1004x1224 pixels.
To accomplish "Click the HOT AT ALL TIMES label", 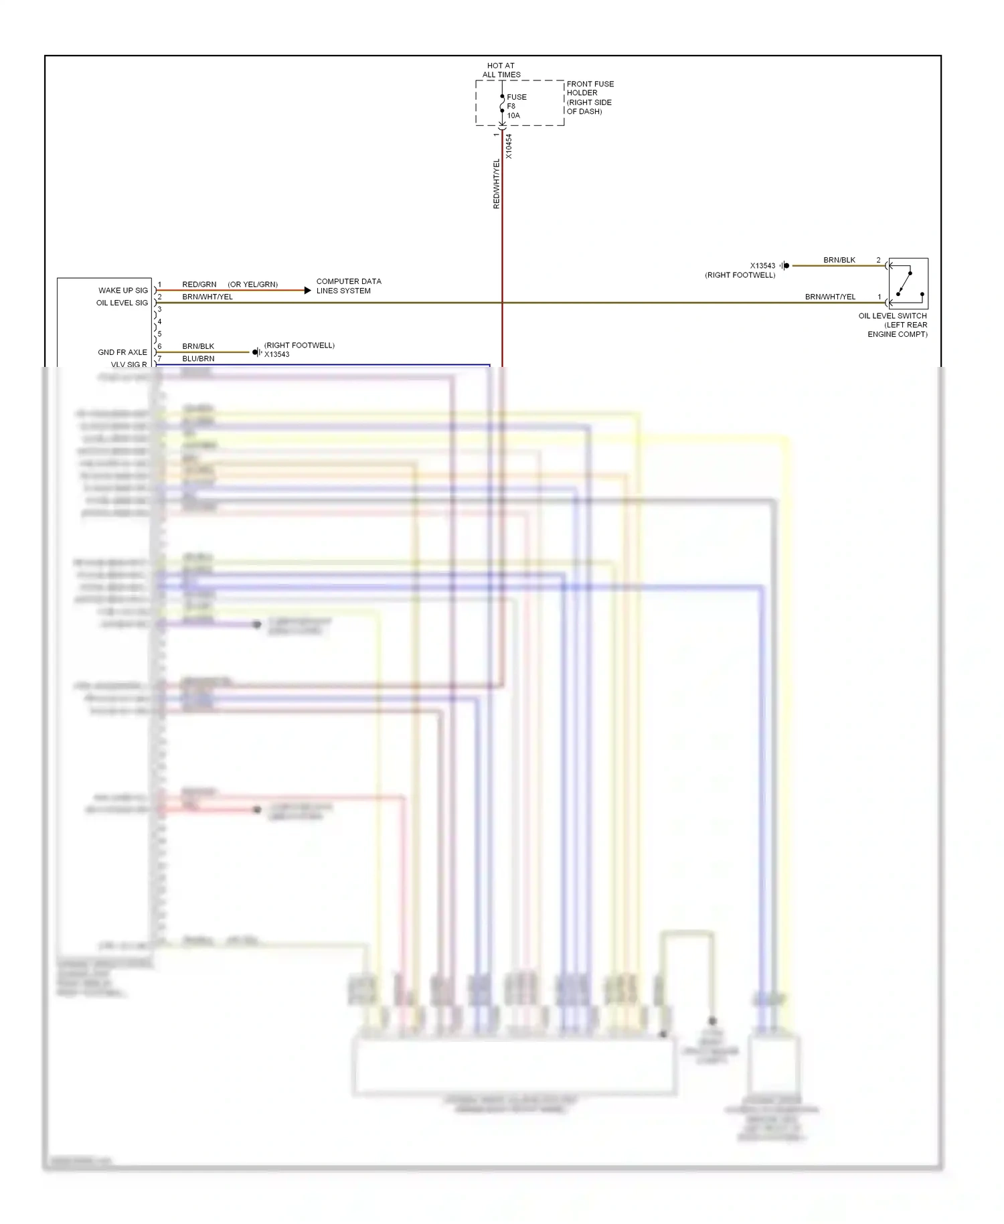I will click(501, 70).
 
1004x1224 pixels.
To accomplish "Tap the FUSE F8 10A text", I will click(515, 106).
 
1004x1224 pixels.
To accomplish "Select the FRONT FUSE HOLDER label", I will click(589, 98).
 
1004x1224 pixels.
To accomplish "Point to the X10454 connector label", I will click(509, 146).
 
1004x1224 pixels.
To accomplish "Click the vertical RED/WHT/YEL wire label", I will click(496, 183).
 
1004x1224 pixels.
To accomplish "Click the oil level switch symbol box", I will click(908, 283).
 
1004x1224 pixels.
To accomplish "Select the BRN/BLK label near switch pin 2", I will click(839, 260).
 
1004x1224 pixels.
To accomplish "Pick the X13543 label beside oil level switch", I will click(762, 266).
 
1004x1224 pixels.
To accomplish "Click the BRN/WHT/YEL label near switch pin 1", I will click(830, 297).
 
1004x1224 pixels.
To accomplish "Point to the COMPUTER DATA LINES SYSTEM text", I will click(348, 286).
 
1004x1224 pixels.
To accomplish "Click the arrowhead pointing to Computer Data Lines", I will click(307, 290).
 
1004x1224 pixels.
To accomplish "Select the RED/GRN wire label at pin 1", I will click(199, 285).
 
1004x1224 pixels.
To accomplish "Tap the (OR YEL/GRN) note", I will click(252, 285).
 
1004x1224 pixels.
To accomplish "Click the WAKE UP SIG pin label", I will click(123, 291).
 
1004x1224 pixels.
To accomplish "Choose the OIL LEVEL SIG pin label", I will click(122, 303).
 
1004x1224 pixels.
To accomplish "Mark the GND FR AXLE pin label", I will click(122, 352).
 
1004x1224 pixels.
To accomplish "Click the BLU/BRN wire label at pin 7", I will click(198, 359).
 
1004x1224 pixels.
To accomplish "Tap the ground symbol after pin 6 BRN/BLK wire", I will click(256, 352).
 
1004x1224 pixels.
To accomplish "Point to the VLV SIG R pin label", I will click(129, 364).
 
